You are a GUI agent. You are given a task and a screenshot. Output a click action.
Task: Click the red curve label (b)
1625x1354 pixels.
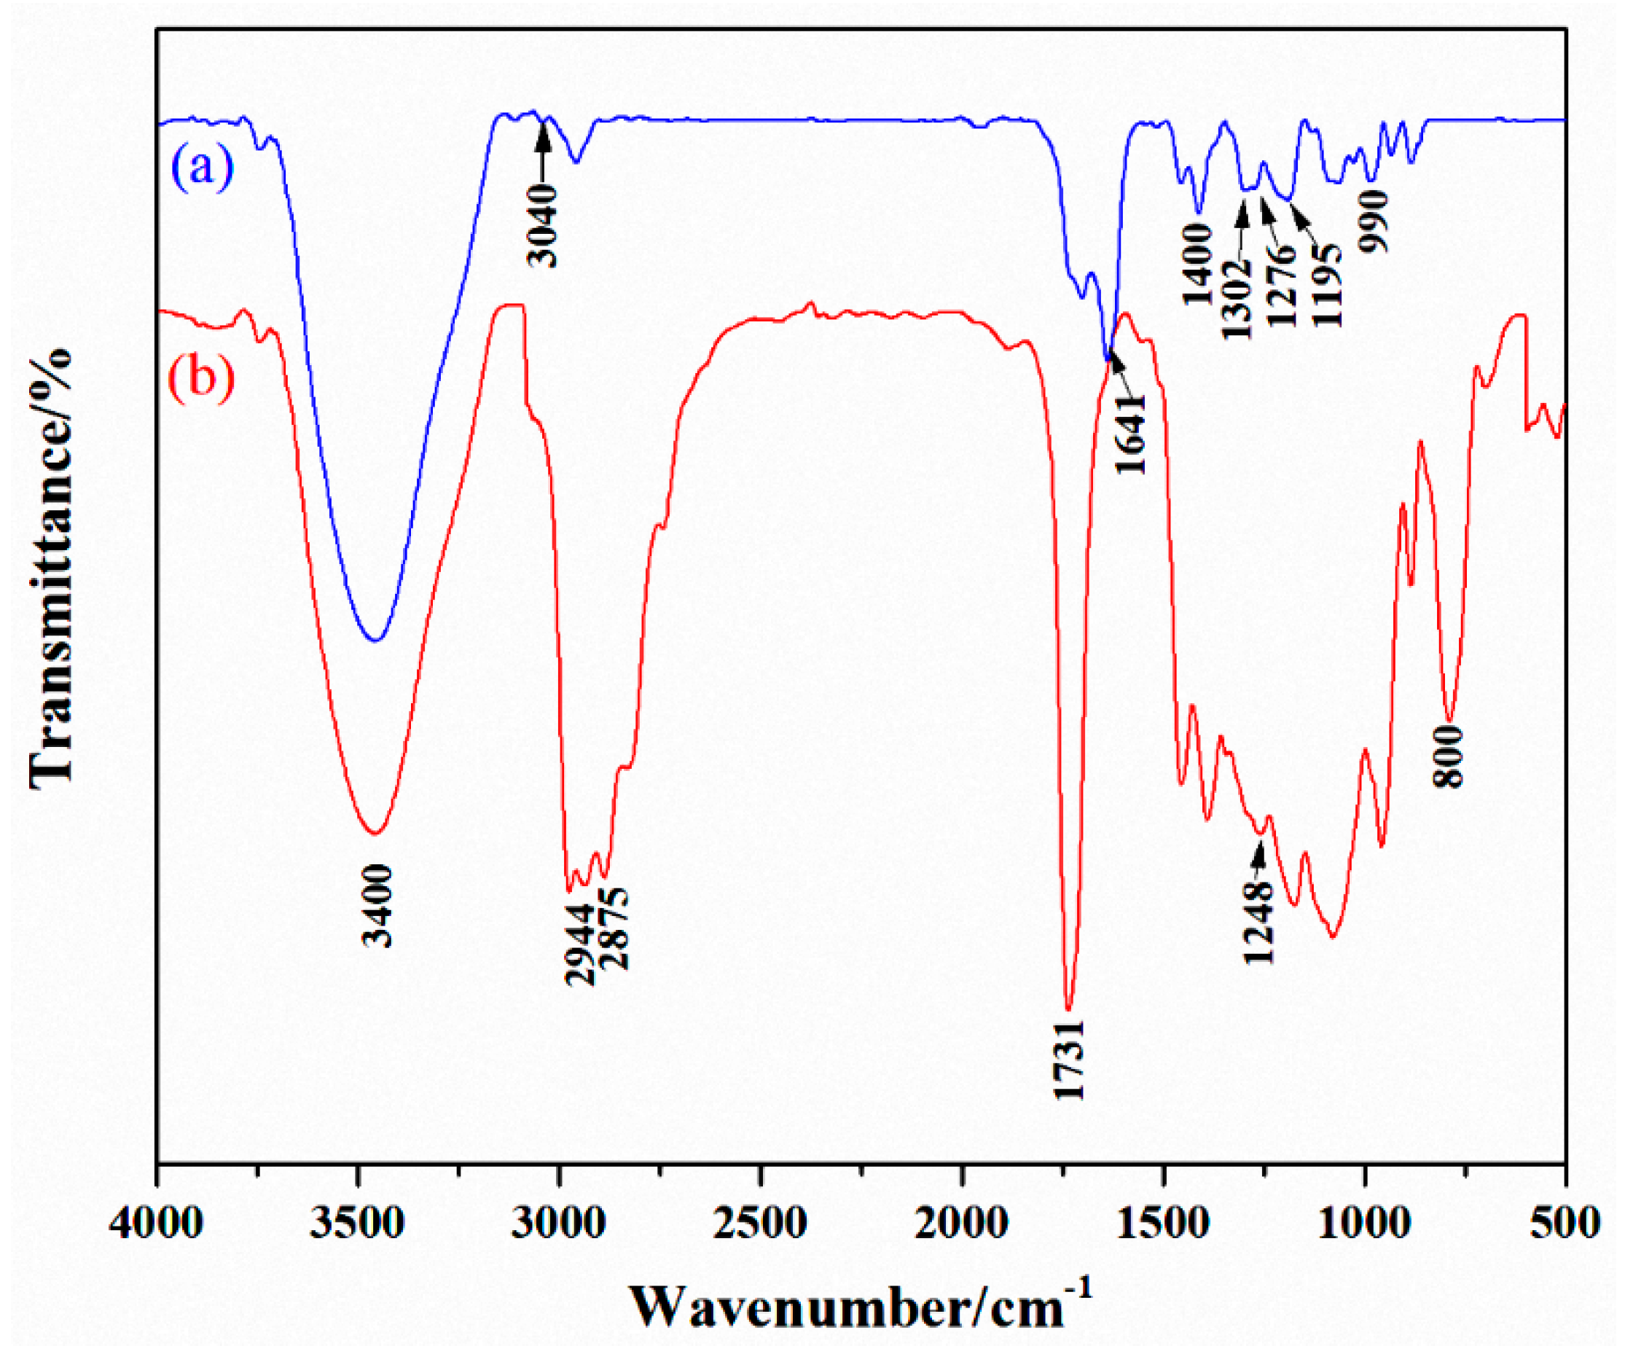[x=203, y=380]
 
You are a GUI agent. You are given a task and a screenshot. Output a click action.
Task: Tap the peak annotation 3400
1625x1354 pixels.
[x=378, y=907]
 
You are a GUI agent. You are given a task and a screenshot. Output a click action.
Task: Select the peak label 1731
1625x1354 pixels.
[x=1070, y=1061]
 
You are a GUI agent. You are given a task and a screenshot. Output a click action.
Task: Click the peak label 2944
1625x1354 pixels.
[x=580, y=944]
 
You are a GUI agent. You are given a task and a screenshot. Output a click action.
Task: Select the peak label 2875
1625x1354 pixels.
[x=616, y=929]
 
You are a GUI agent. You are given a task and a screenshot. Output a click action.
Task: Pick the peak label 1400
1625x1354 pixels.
[x=1198, y=265]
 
